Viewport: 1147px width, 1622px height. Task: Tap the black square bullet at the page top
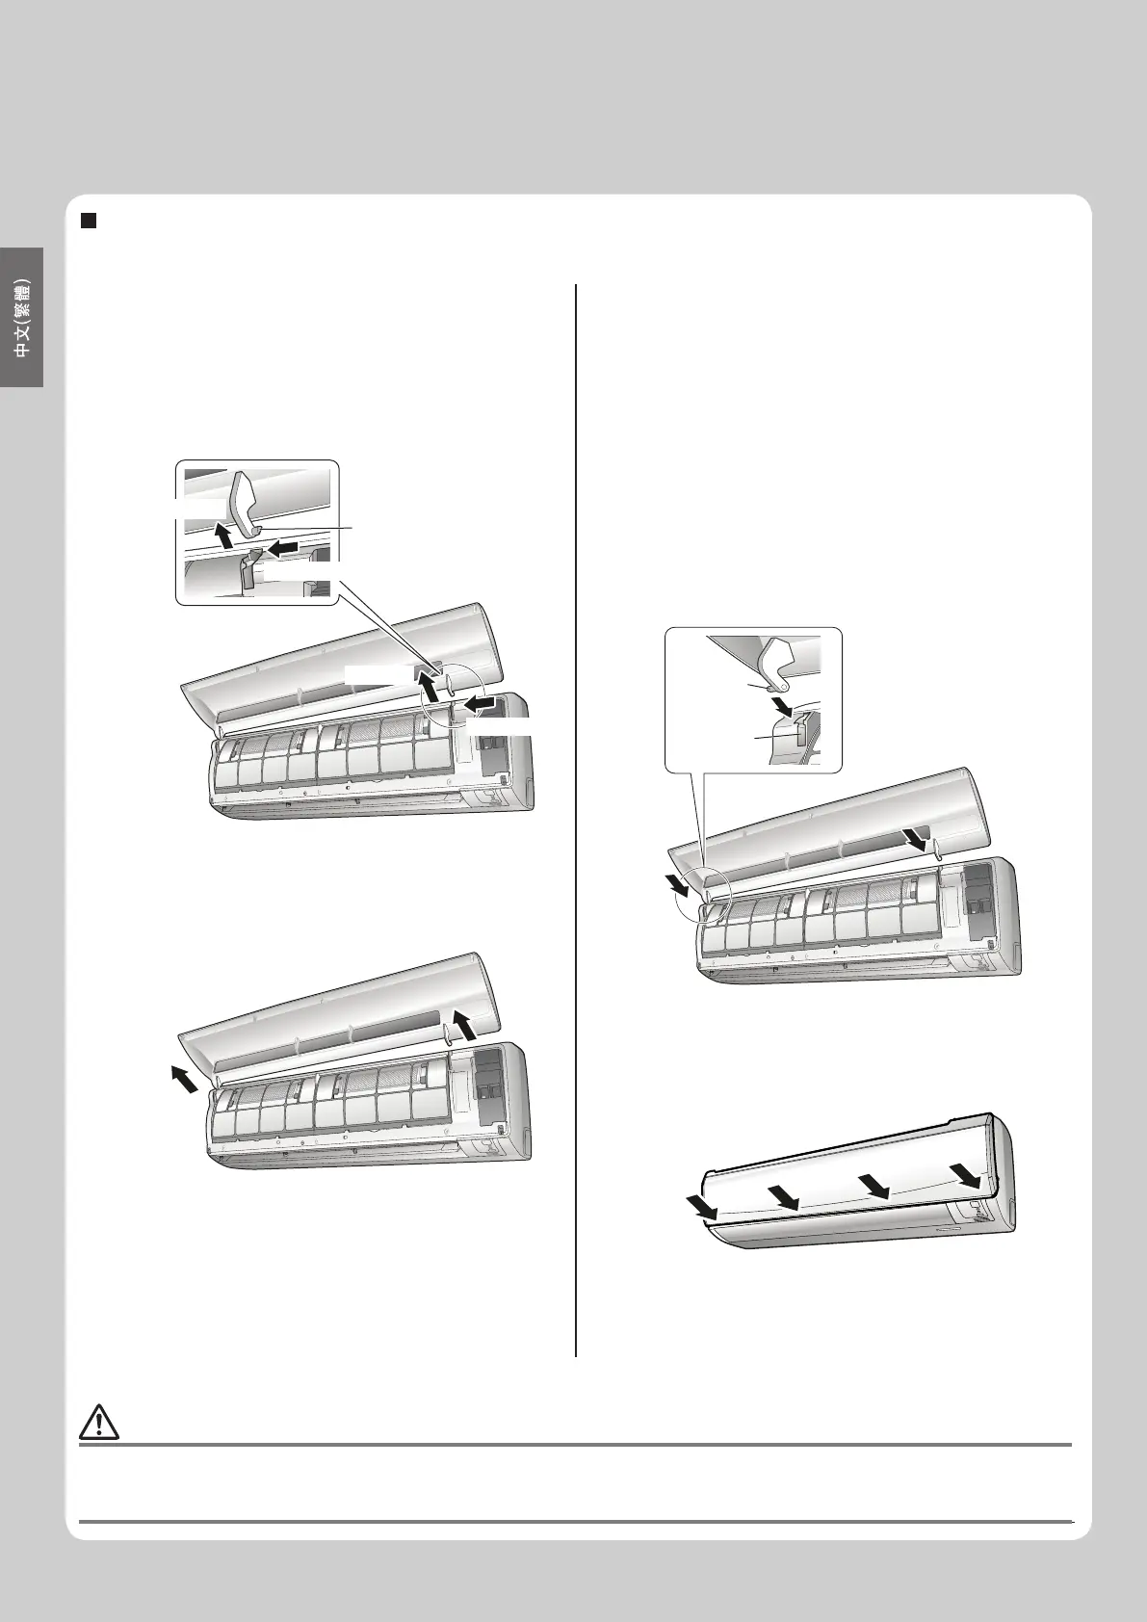coord(89,221)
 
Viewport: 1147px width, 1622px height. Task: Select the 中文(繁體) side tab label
coord(23,318)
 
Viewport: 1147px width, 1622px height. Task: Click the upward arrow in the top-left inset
coord(225,538)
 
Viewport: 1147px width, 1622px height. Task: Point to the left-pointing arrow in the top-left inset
coord(280,548)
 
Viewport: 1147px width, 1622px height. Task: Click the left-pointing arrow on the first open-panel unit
coord(481,702)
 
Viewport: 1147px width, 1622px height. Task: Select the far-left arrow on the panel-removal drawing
coord(182,1082)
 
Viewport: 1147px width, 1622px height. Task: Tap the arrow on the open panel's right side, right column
coord(916,840)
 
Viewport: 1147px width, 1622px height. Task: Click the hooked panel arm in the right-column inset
coord(780,663)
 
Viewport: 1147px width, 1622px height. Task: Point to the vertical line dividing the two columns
coord(576,821)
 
